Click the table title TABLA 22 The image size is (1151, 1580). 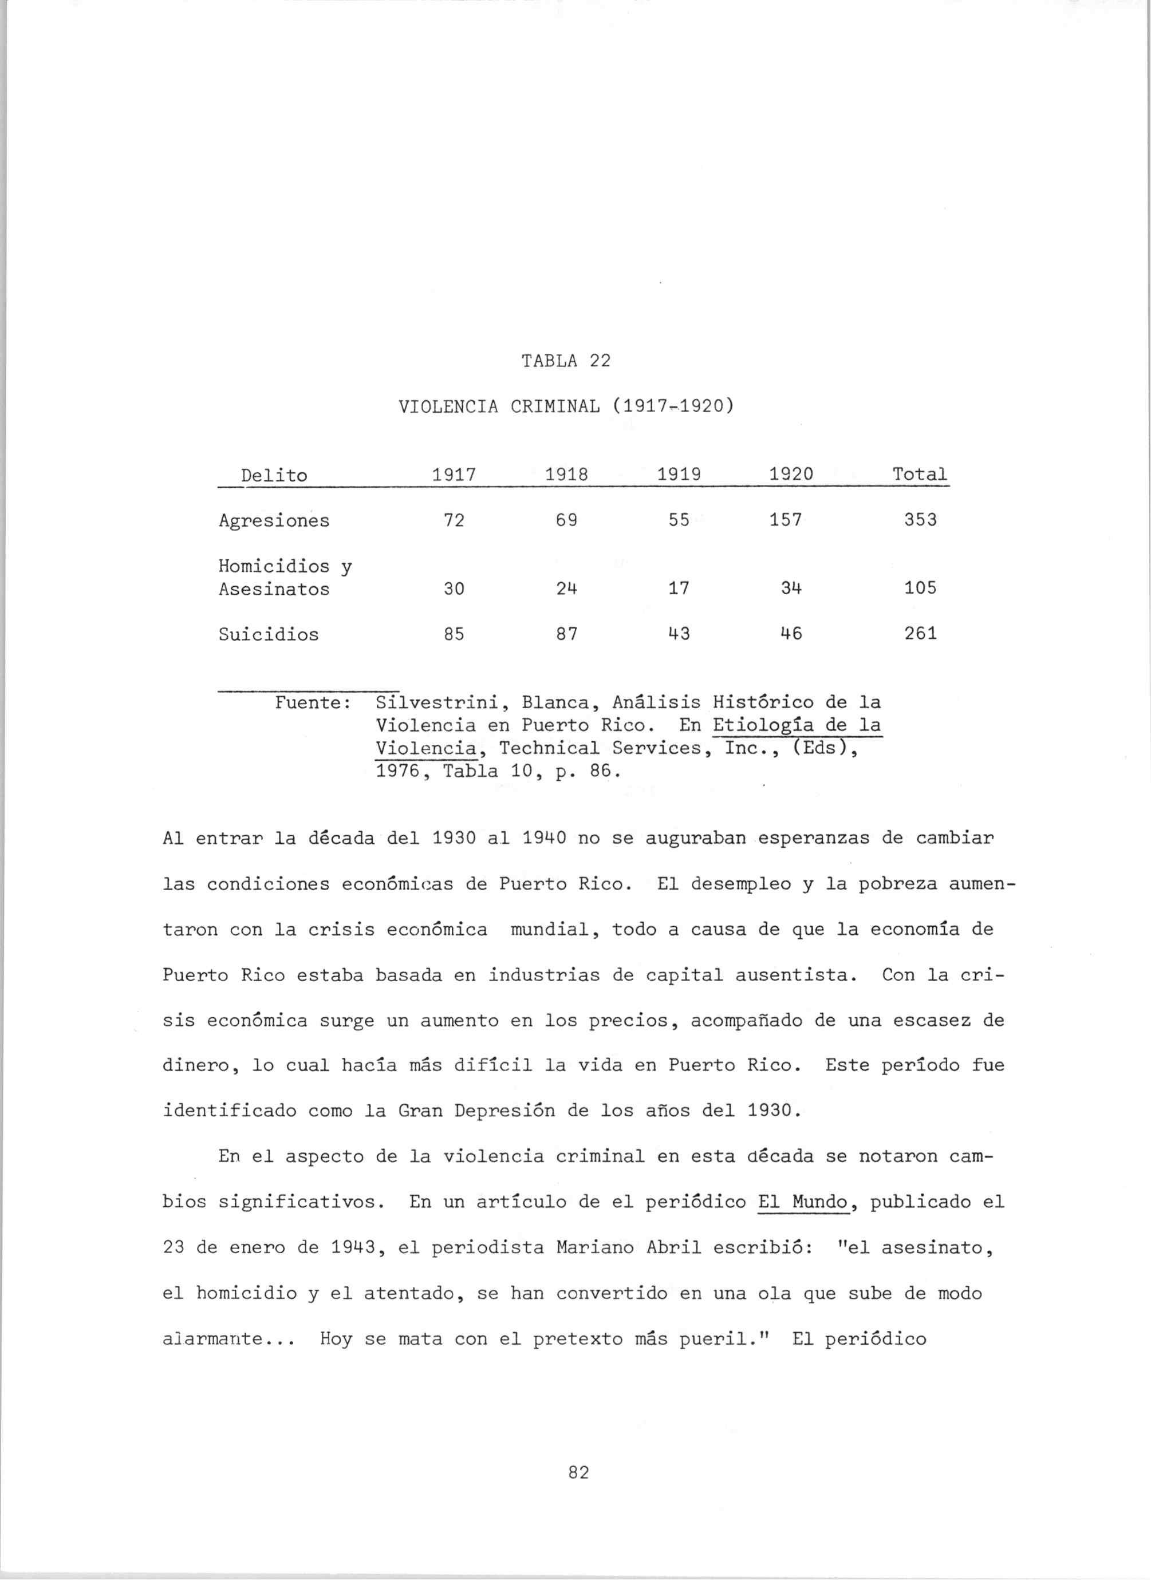(566, 361)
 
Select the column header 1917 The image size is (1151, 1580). (454, 475)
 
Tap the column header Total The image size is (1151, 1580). (920, 475)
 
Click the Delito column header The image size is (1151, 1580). (274, 476)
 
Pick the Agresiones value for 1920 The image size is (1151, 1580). (785, 520)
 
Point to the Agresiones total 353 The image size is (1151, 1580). (920, 520)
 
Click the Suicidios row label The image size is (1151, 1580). (268, 635)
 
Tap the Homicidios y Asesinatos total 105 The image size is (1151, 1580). (920, 588)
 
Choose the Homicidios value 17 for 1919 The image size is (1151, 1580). (679, 588)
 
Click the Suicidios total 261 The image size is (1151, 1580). (920, 634)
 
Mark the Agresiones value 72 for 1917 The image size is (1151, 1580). (454, 520)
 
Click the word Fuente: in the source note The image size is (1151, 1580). (312, 702)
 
